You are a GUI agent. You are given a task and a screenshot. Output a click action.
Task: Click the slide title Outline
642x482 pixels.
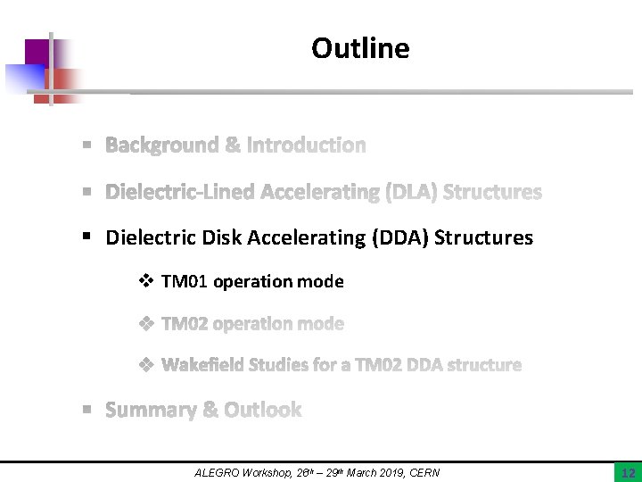click(360, 48)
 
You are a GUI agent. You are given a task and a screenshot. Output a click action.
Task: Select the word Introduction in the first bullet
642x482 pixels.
click(307, 145)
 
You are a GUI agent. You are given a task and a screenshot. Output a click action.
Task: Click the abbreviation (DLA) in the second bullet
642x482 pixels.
click(409, 192)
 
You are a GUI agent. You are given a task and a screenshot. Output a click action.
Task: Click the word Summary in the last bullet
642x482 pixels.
click(150, 411)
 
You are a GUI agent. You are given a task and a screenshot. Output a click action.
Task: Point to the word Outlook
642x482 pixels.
click(263, 411)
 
